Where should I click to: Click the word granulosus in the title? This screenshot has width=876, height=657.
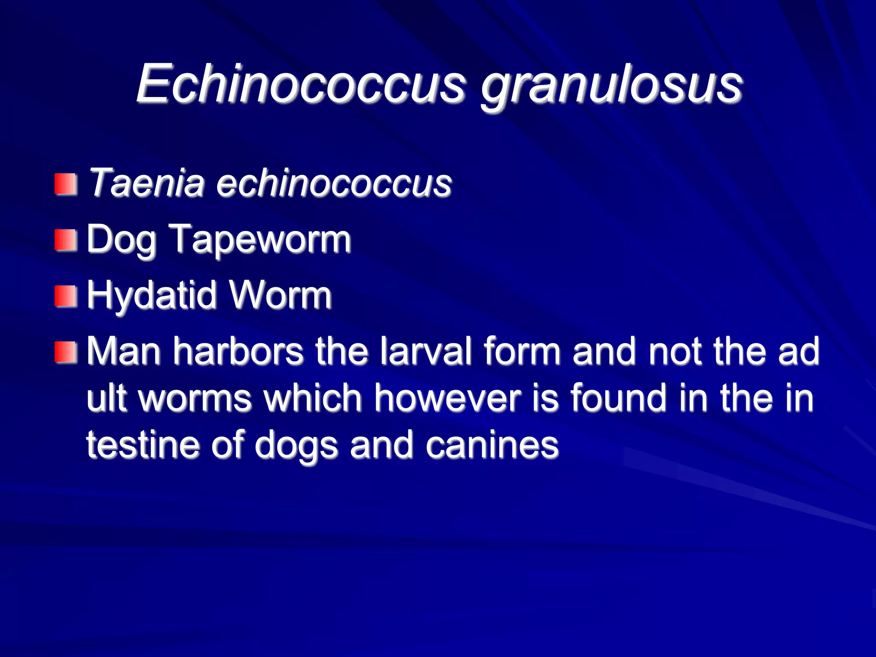[x=612, y=86]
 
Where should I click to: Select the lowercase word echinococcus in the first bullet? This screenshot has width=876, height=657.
[x=334, y=183]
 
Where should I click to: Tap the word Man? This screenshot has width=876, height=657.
[x=124, y=351]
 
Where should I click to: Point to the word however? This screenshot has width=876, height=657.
[x=447, y=398]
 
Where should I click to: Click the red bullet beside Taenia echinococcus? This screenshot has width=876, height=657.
[x=66, y=184]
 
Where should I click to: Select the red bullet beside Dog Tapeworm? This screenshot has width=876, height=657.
[x=66, y=240]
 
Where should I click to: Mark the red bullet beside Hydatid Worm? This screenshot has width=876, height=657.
[x=66, y=296]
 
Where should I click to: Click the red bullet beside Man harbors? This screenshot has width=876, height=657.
[x=66, y=352]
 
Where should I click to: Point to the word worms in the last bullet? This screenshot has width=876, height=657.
[x=195, y=398]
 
